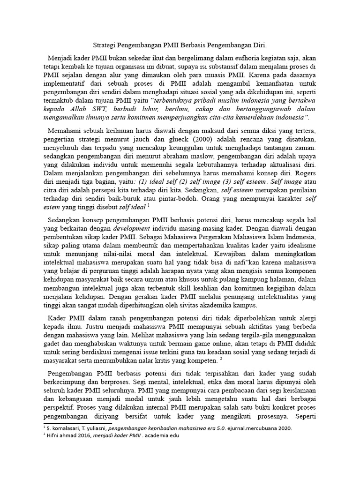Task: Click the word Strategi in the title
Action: (x=106, y=45)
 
